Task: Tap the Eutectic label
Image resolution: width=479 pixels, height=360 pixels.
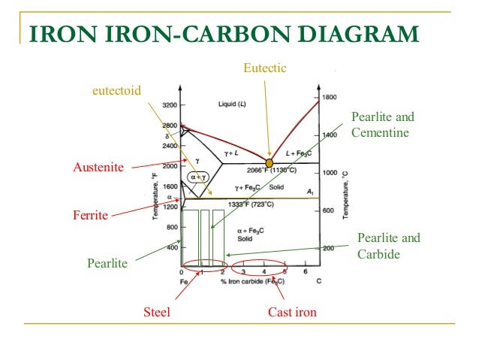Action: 265,69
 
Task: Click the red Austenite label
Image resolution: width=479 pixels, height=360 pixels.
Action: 97,167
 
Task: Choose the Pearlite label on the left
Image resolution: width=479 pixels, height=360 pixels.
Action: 107,264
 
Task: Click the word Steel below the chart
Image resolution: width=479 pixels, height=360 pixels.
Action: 157,311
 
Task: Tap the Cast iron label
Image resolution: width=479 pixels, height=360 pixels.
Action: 293,311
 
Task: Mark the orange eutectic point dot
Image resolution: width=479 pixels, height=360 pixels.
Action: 270,163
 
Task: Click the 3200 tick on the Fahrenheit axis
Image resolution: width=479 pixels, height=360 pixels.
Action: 169,104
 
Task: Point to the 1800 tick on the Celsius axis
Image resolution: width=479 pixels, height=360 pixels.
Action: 329,98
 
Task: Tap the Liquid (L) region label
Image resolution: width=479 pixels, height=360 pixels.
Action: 232,104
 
